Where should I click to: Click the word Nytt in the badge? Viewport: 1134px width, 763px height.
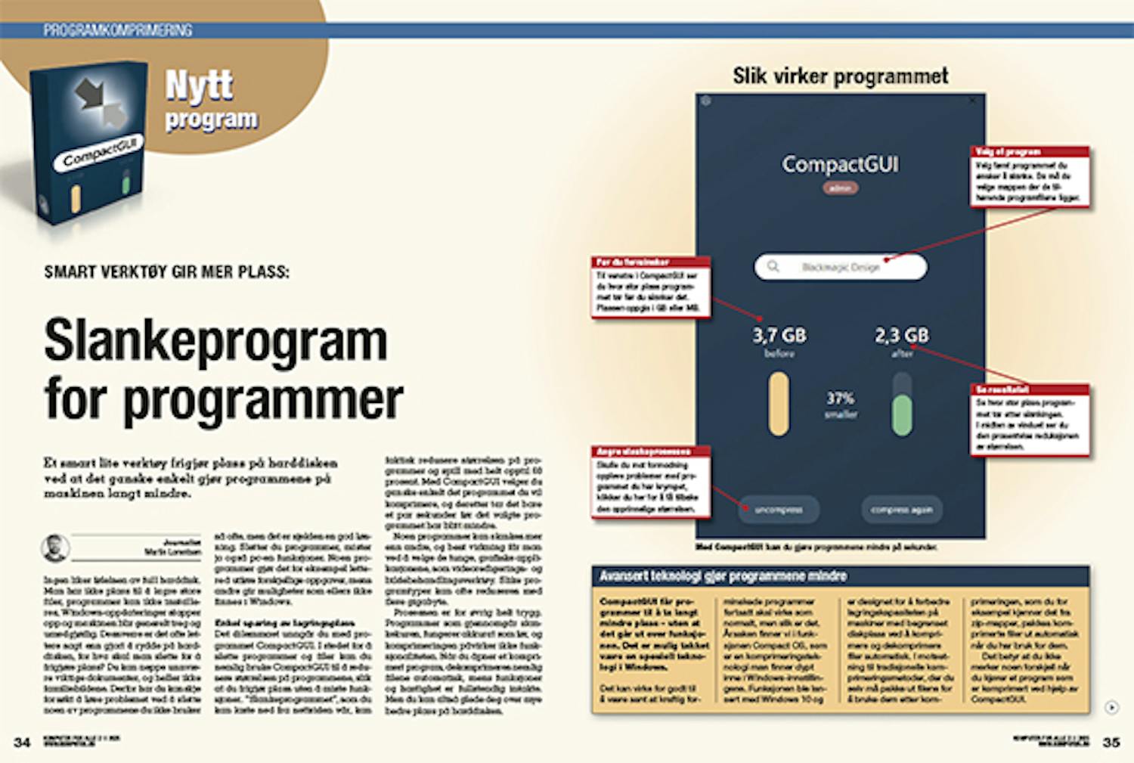(200, 85)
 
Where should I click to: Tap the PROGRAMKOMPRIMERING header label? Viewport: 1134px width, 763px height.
(117, 30)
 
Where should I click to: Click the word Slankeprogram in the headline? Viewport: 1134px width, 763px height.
(215, 341)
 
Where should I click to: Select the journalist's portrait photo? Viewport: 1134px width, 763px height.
(55, 547)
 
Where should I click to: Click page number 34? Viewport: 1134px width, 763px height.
(23, 742)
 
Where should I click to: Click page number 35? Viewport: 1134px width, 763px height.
(1111, 742)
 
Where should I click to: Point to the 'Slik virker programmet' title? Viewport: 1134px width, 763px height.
(840, 76)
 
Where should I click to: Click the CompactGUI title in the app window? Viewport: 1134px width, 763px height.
(840, 164)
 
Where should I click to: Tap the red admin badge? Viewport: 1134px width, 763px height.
(840, 188)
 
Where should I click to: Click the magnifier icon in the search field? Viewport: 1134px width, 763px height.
(773, 266)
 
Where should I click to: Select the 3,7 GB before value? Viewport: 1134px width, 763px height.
(779, 335)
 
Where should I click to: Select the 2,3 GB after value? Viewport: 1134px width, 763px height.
(902, 335)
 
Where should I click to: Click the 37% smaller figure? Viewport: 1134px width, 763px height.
(840, 399)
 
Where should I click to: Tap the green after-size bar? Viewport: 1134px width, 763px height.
(902, 414)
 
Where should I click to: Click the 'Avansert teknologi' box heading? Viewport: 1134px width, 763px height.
(723, 576)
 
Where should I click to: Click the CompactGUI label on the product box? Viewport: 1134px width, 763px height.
(100, 151)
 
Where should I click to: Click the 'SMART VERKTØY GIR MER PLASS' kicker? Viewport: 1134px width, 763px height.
(166, 271)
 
